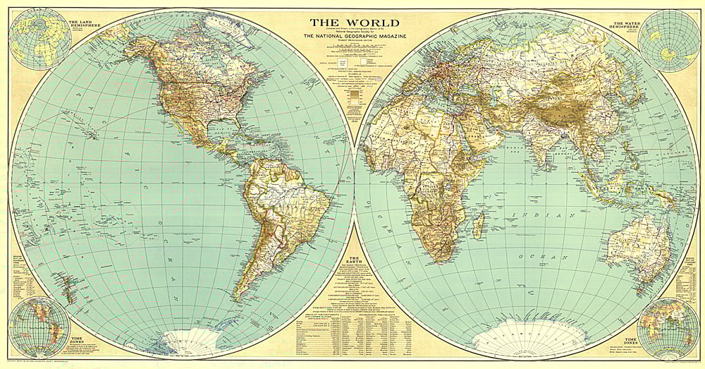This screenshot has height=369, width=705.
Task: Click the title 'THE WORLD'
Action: pos(349,23)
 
